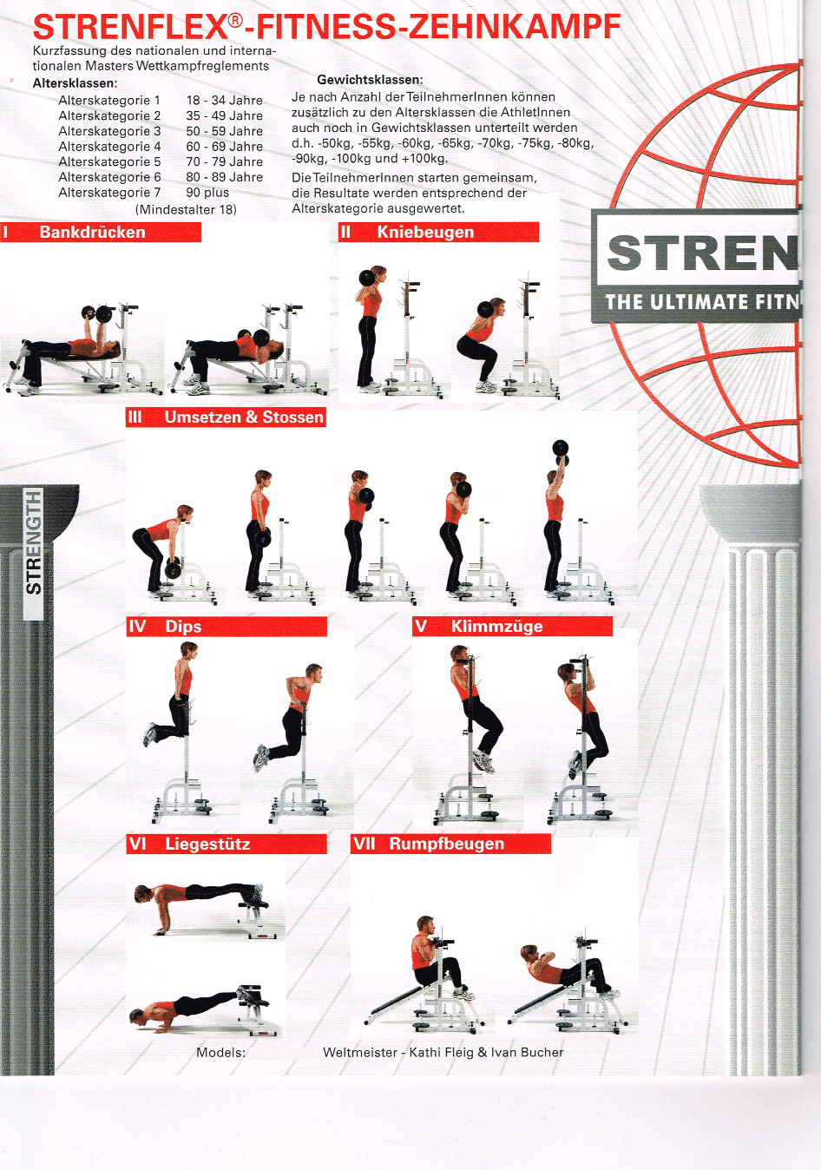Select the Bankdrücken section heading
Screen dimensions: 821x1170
click(x=101, y=232)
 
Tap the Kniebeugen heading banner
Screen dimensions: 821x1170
click(x=438, y=232)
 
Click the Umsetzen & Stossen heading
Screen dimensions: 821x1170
click(x=226, y=417)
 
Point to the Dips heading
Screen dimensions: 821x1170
click(x=227, y=627)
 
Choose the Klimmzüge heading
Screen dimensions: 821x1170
click(x=512, y=627)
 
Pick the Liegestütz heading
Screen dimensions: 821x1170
click(x=227, y=844)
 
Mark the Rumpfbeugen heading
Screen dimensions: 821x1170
click(x=450, y=844)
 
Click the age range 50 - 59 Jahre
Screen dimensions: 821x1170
click(x=224, y=131)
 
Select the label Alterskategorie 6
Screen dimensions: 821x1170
click(x=109, y=177)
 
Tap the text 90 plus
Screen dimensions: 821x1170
click(x=207, y=193)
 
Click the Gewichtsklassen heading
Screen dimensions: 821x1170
click(x=370, y=80)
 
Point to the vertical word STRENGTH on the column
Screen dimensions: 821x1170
click(x=34, y=542)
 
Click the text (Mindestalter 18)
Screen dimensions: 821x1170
click(x=186, y=210)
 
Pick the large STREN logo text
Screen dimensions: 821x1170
click(x=702, y=253)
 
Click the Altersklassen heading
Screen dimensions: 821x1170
click(x=76, y=83)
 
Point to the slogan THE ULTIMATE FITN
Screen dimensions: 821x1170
click(x=702, y=302)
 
